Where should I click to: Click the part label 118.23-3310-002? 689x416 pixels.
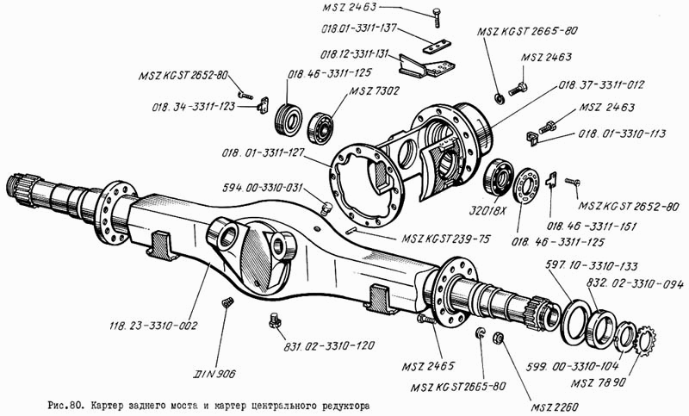[153, 326]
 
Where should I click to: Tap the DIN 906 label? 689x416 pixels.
[214, 374]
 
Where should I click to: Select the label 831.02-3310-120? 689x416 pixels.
[329, 345]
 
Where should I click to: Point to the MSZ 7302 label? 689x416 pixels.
[375, 91]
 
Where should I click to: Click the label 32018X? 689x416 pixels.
[487, 211]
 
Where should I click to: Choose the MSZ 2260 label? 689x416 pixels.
[555, 407]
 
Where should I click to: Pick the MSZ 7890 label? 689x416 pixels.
[599, 383]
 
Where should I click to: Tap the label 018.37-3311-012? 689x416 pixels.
[601, 84]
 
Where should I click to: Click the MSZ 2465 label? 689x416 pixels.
[428, 366]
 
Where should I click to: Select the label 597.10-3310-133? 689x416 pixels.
[592, 266]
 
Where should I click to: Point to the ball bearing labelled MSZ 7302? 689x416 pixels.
[320, 127]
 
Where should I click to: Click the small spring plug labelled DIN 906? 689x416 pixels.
[227, 302]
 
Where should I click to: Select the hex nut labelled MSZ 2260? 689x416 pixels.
[498, 337]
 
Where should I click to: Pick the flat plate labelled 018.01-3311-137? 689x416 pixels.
[438, 47]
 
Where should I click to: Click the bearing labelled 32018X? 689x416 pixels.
[499, 177]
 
